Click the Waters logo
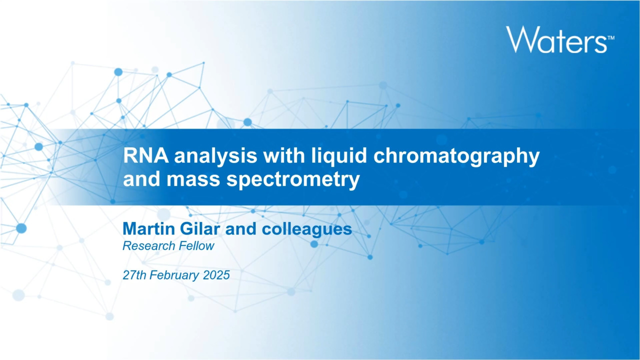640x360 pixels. [x=560, y=39]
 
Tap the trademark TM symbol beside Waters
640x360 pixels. [x=610, y=37]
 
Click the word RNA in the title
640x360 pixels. [x=145, y=155]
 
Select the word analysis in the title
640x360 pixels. [x=215, y=155]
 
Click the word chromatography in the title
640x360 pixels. [x=456, y=156]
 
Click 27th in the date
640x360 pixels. [x=134, y=275]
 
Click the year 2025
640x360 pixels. [x=216, y=275]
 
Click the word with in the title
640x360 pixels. [x=284, y=155]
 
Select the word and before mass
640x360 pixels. [x=141, y=179]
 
